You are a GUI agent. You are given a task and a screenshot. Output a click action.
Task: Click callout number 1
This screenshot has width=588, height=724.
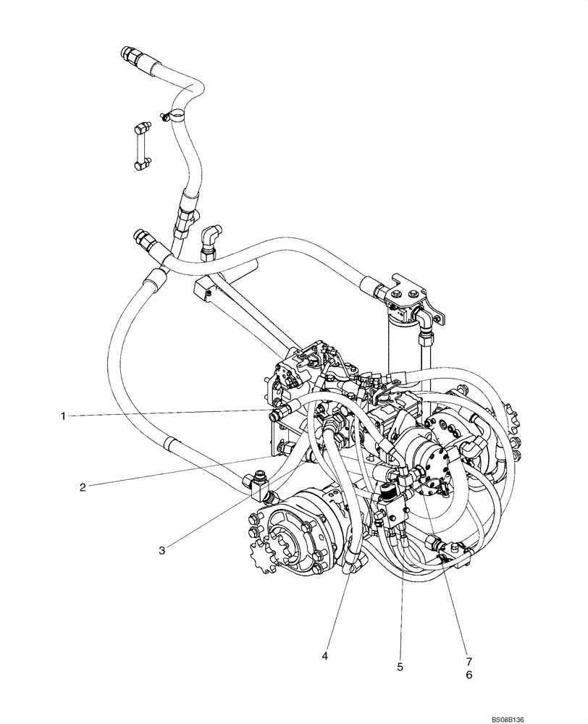point(64,416)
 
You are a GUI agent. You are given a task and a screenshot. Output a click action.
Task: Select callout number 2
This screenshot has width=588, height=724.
point(83,487)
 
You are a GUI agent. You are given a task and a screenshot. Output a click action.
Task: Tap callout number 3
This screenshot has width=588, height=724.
point(162,550)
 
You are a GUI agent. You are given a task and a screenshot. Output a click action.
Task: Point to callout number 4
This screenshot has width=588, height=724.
point(326,656)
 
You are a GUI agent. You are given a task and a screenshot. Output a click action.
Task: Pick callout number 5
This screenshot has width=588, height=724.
point(400,665)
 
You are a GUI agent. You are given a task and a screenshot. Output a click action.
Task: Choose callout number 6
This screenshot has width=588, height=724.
point(469,674)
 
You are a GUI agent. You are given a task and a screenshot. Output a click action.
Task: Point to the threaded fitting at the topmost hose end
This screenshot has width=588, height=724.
point(130,54)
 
